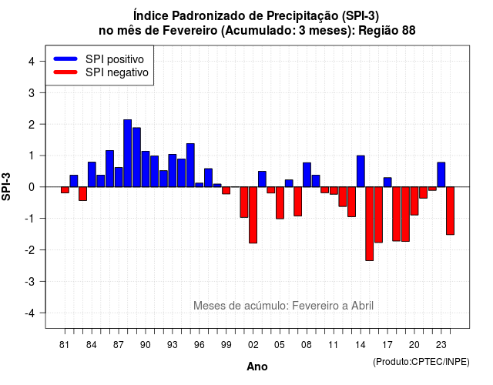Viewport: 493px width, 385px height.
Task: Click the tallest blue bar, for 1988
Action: point(127,153)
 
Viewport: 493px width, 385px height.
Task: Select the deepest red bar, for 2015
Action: point(370,224)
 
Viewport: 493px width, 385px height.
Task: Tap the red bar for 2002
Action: point(253,215)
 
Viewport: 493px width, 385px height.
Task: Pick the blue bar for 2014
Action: point(361,171)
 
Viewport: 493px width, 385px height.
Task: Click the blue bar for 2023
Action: point(441,175)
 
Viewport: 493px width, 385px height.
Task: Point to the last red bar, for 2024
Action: point(450,210)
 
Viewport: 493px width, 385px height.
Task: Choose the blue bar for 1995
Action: point(190,166)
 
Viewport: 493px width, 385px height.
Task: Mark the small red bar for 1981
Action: point(65,190)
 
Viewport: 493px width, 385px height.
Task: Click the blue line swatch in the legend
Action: point(65,59)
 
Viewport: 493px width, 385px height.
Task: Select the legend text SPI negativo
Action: point(117,72)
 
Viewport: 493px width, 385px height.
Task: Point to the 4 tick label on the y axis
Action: point(32,62)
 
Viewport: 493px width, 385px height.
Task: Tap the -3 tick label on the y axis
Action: point(29,281)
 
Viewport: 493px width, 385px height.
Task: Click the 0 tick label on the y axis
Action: point(32,187)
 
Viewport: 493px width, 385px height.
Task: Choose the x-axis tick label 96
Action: point(199,345)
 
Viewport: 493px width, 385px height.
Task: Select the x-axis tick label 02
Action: point(253,345)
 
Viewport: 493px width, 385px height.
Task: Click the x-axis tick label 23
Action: point(441,345)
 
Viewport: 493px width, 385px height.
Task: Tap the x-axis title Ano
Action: point(257,367)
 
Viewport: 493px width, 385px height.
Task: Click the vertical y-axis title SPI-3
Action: point(6,186)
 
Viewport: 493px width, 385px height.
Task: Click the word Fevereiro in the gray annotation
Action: point(312,306)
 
